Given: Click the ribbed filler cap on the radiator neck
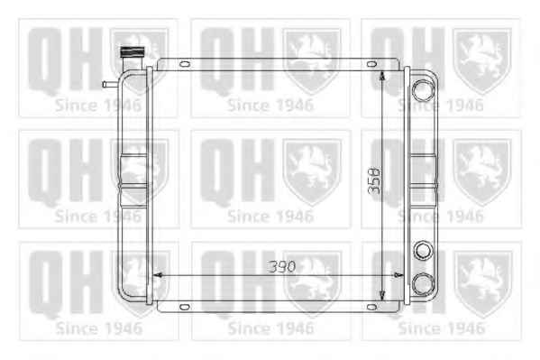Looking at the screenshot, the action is [x=132, y=52].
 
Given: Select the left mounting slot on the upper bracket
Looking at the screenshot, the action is [x=185, y=64].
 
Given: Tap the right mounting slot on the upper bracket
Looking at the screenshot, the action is [x=371, y=64].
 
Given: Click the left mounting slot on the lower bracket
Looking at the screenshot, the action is [x=185, y=307].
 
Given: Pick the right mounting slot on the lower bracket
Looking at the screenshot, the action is [x=371, y=307].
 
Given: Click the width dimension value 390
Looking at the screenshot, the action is [x=282, y=266].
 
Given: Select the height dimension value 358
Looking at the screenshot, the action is [x=374, y=180].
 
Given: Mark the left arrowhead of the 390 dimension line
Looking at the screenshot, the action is [x=158, y=275].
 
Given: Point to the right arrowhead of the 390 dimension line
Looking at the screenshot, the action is [x=398, y=275].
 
